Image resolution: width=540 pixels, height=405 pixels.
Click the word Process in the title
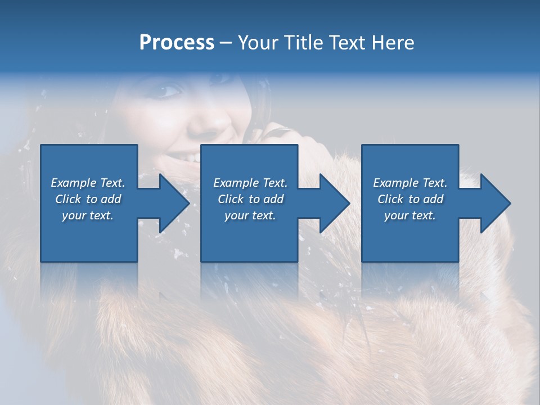(x=177, y=43)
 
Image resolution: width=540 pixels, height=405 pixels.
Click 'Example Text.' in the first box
(x=88, y=183)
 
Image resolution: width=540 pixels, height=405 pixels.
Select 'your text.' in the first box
(x=88, y=215)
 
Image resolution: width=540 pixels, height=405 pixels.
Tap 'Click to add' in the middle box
(x=250, y=199)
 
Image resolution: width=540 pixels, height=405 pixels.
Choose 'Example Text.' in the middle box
(x=250, y=183)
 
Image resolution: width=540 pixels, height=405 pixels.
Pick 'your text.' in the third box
(x=410, y=215)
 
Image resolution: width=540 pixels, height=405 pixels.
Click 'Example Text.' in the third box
(x=410, y=183)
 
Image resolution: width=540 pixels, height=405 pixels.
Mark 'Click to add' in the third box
(x=410, y=199)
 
